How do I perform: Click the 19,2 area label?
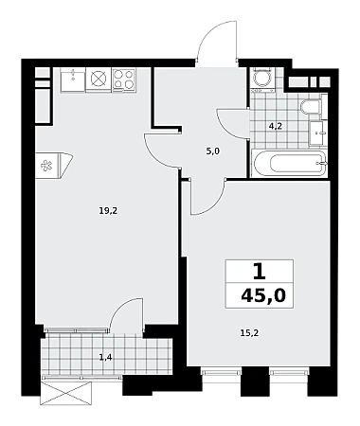pyautogui.click(x=108, y=211)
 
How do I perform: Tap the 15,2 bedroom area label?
pyautogui.click(x=249, y=332)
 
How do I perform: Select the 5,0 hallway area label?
pyautogui.click(x=212, y=151)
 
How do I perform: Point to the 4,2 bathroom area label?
pyautogui.click(x=275, y=127)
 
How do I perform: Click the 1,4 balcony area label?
pyautogui.click(x=105, y=358)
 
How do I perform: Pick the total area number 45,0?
pyautogui.click(x=263, y=296)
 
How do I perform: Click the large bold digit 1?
pyautogui.click(x=260, y=272)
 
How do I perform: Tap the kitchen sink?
pyautogui.click(x=73, y=80)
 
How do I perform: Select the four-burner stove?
pyautogui.click(x=124, y=80)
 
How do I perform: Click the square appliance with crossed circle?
pyautogui.click(x=99, y=80)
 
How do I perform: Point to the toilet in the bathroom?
pyautogui.click(x=312, y=107)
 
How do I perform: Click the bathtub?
pyautogui.click(x=289, y=163)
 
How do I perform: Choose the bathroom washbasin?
pyautogui.click(x=317, y=133)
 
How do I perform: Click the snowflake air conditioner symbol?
pyautogui.click(x=46, y=166)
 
